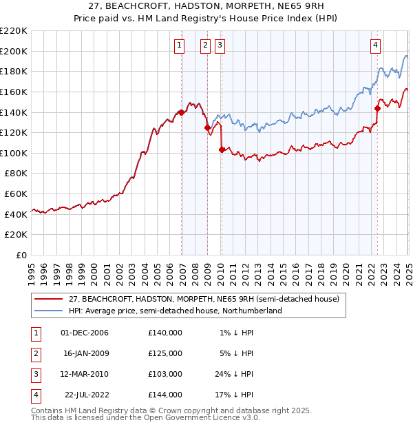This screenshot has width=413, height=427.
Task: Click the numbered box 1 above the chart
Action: [179, 45]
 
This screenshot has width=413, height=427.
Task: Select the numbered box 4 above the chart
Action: [376, 45]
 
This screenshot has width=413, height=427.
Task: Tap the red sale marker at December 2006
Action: [181, 112]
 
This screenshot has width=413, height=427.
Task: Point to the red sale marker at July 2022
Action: [377, 108]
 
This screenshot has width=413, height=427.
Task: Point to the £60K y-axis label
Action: [16, 194]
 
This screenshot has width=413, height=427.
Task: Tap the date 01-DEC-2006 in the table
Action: [84, 333]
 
